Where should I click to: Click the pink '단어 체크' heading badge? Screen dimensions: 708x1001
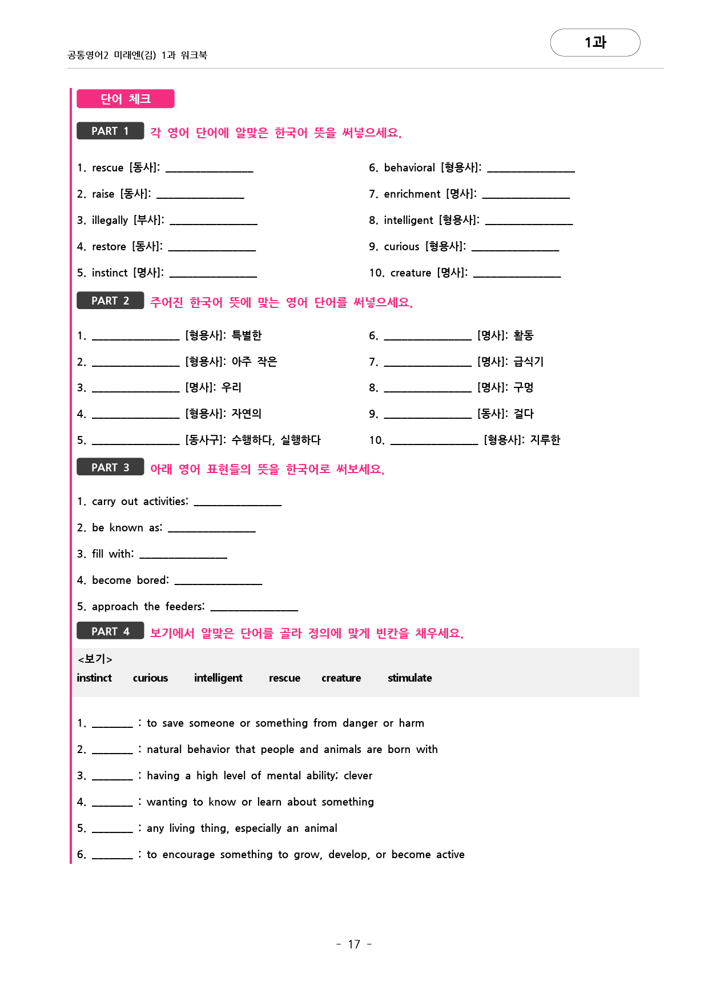click(x=126, y=99)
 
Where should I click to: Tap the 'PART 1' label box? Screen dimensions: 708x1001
click(x=110, y=131)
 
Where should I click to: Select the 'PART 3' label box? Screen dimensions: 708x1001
click(x=110, y=467)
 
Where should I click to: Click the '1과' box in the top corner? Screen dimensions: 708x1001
click(x=595, y=42)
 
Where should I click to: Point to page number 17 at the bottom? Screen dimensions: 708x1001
click(x=354, y=944)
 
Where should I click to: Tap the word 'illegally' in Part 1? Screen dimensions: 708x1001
click(x=110, y=221)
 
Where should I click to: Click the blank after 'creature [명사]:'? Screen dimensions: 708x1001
click(x=517, y=274)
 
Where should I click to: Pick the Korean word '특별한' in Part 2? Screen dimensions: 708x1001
click(x=247, y=335)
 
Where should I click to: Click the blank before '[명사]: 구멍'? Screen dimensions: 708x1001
click(x=428, y=389)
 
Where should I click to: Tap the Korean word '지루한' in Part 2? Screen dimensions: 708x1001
click(x=545, y=440)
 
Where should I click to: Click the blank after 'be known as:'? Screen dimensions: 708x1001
click(x=211, y=529)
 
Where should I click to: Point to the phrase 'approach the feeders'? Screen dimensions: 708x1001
click(x=147, y=606)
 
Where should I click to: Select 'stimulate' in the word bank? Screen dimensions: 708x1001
click(x=409, y=678)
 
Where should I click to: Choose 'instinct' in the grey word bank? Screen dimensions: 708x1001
click(x=94, y=678)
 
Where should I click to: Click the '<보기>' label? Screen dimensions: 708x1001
click(x=95, y=659)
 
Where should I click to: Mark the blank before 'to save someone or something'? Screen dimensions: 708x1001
click(x=112, y=724)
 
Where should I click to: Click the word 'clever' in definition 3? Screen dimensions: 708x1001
click(x=358, y=776)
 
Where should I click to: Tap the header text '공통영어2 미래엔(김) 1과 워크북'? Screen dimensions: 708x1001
click(x=137, y=55)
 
